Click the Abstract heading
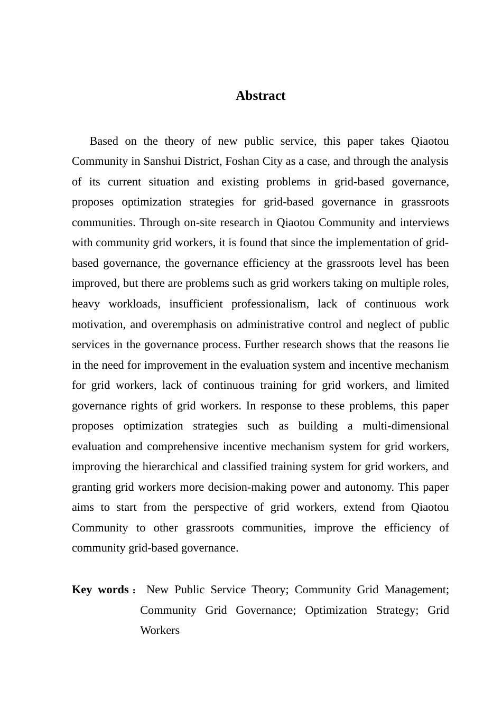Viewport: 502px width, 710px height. (x=260, y=96)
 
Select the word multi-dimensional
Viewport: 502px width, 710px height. (x=405, y=426)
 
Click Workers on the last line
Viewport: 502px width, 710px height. (x=160, y=631)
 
